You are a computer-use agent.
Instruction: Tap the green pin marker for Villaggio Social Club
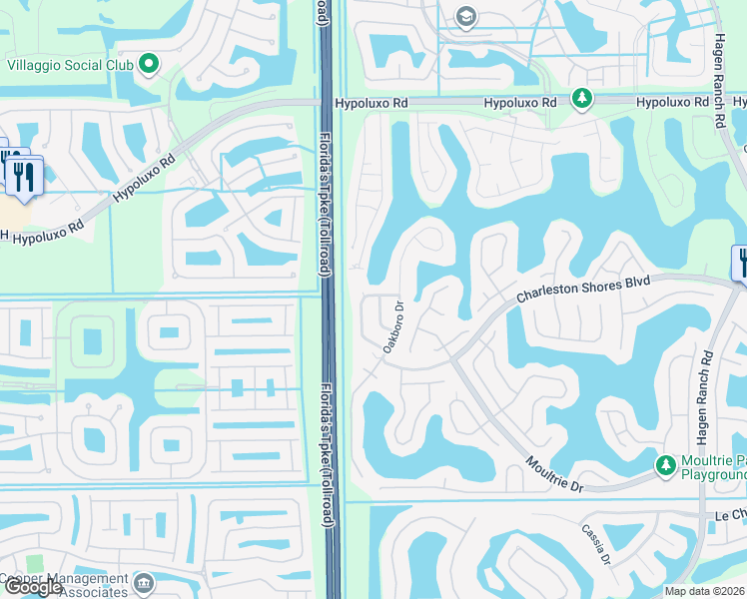coord(149,65)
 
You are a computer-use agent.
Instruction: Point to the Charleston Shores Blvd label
coord(583,291)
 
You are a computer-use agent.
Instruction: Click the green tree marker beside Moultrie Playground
coord(665,465)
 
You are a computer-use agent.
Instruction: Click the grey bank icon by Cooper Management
coord(144,582)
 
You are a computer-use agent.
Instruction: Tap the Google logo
coord(32,587)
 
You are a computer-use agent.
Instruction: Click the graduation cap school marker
coord(465,16)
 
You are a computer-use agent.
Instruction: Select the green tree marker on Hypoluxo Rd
coord(581,98)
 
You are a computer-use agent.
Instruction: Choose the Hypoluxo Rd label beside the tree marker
coord(520,103)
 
